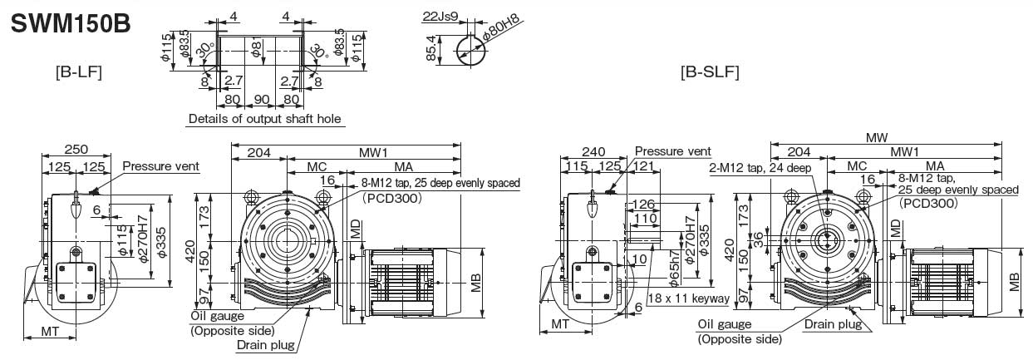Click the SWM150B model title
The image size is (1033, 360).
pyautogui.click(x=70, y=23)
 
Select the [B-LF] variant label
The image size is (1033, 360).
pyautogui.click(x=78, y=72)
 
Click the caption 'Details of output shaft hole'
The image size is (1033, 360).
pyautogui.click(x=265, y=119)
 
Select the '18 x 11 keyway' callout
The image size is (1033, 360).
pyautogui.click(x=688, y=298)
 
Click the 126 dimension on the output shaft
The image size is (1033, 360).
pyautogui.click(x=643, y=204)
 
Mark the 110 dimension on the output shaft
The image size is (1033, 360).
pyautogui.click(x=643, y=219)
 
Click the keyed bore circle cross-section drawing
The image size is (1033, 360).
pyautogui.click(x=474, y=51)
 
